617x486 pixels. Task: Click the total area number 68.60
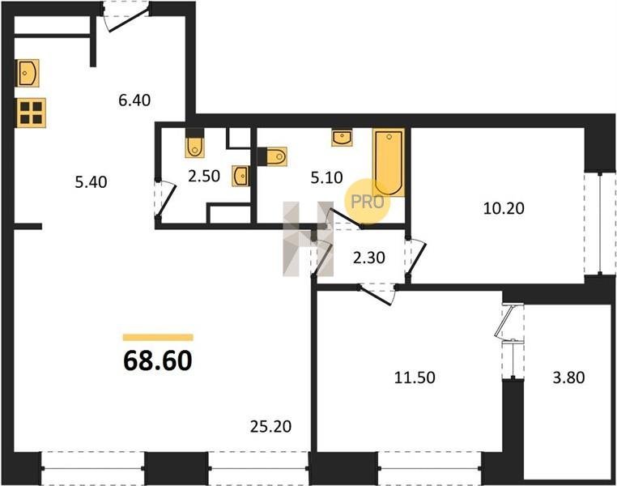pyautogui.click(x=158, y=361)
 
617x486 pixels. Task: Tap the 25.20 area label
pyautogui.click(x=270, y=427)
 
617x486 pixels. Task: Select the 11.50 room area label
pyautogui.click(x=415, y=377)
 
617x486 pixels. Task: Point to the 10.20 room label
pyautogui.click(x=504, y=208)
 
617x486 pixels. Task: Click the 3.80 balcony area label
pyautogui.click(x=568, y=377)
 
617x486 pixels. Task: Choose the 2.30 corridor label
pyautogui.click(x=368, y=258)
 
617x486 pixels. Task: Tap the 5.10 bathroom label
pyautogui.click(x=326, y=177)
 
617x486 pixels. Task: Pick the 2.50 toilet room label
pyautogui.click(x=204, y=176)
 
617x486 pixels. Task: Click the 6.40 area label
pyautogui.click(x=134, y=100)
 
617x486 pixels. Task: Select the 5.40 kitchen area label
pyautogui.click(x=91, y=182)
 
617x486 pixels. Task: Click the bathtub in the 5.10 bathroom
pyautogui.click(x=389, y=163)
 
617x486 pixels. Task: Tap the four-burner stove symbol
pyautogui.click(x=31, y=113)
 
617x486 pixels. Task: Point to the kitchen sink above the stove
pyautogui.click(x=28, y=73)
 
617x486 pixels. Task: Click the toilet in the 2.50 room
pyautogui.click(x=195, y=143)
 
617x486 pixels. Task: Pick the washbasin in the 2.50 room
pyautogui.click(x=240, y=176)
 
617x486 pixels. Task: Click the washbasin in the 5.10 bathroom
pyautogui.click(x=342, y=138)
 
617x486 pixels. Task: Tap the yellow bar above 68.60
pyautogui.click(x=158, y=337)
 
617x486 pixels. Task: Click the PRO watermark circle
pyautogui.click(x=367, y=202)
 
